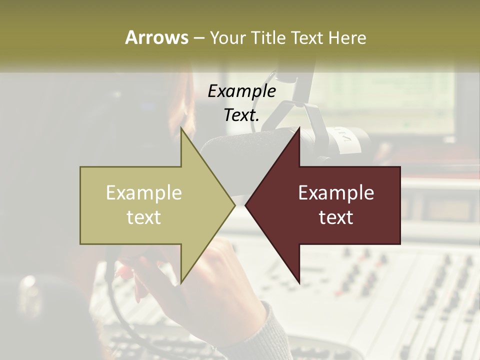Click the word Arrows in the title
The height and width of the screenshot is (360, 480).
(x=156, y=37)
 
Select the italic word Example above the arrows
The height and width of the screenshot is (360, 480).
(x=241, y=91)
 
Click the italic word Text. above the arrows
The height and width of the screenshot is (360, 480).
(x=241, y=115)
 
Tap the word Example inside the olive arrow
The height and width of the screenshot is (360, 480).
(x=144, y=192)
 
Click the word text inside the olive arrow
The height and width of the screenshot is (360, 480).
(x=144, y=217)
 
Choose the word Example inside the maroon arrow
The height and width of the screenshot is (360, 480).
(x=336, y=192)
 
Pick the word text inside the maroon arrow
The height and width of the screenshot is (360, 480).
(x=336, y=217)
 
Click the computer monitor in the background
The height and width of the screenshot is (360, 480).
(x=390, y=100)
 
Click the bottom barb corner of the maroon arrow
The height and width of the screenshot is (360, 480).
(x=299, y=283)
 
